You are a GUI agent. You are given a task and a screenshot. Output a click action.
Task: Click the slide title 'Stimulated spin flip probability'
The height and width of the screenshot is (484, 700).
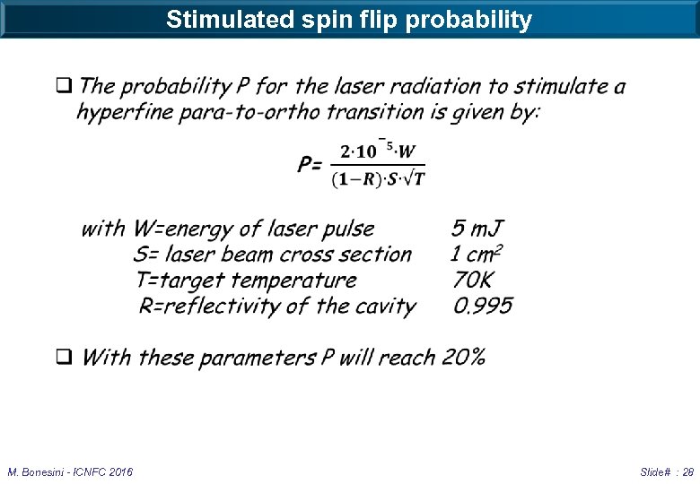(349, 19)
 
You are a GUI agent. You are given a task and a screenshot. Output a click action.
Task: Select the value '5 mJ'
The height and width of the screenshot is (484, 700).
(477, 229)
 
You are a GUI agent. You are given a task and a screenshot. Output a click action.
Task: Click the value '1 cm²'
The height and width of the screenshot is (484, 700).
(477, 255)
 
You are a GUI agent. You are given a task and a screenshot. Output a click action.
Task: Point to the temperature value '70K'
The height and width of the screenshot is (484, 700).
(473, 281)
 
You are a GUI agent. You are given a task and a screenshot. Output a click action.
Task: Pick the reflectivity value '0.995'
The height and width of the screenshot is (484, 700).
(483, 306)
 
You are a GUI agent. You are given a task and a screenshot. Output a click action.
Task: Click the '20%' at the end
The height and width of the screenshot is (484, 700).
(464, 357)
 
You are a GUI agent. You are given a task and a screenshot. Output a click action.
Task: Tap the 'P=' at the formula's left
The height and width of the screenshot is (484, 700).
(311, 164)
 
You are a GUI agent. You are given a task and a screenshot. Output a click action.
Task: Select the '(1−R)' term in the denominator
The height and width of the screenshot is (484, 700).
(353, 179)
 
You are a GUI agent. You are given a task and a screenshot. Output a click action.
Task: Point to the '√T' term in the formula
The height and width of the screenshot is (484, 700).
(412, 178)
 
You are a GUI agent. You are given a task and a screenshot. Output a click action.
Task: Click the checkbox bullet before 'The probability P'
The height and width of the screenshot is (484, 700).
(64, 87)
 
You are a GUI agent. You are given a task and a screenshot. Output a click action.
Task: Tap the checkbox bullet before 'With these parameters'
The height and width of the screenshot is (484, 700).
(65, 357)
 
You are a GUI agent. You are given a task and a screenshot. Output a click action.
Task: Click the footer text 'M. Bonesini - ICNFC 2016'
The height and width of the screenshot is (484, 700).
(70, 471)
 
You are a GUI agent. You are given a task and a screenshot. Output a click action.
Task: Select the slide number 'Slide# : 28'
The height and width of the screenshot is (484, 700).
(667, 471)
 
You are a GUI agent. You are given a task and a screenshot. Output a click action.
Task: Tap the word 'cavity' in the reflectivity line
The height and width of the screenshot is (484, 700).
(385, 306)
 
